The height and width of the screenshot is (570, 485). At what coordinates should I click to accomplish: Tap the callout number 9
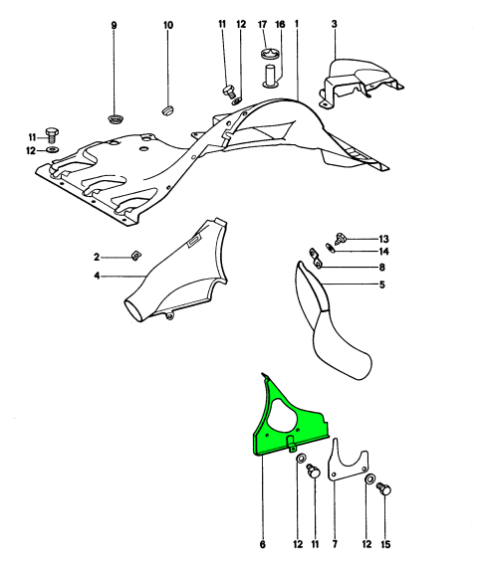coord(114,26)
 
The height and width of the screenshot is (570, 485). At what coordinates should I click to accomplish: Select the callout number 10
coord(168,25)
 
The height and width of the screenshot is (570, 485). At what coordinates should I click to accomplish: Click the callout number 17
coord(262,24)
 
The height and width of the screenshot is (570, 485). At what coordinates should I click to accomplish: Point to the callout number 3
coord(334,24)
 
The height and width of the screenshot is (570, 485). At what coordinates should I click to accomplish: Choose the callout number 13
coord(383,239)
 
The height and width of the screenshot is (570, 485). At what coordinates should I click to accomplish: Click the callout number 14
coord(383,252)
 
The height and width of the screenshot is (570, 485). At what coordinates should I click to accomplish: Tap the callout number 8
coord(381,268)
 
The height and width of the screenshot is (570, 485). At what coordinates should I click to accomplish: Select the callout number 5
coord(381,285)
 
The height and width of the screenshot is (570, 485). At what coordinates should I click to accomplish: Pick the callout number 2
coord(97,258)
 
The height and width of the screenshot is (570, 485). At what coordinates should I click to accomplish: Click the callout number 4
coord(97,277)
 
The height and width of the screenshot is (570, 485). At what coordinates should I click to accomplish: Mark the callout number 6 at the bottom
coord(263,544)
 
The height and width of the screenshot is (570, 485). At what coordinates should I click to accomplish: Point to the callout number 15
coord(385,544)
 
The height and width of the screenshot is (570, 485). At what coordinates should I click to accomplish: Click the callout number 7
coord(335,544)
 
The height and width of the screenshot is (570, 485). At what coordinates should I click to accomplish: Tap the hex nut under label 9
coord(114,118)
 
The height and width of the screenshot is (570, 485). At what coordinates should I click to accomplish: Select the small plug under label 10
coord(167,109)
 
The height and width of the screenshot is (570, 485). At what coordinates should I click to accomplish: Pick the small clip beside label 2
coord(136,256)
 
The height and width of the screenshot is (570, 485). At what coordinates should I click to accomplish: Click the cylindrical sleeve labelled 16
coord(270,77)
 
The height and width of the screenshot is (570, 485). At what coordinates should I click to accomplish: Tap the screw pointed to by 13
coord(341,238)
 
